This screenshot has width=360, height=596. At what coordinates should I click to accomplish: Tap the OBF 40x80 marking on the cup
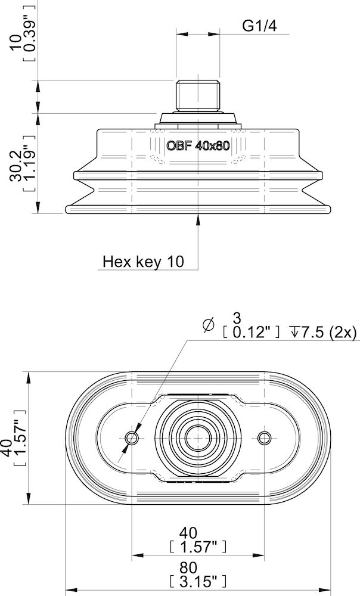click(197, 146)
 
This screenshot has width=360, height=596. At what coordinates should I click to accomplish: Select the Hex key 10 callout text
click(144, 261)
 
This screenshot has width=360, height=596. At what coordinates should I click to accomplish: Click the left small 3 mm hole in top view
click(132, 438)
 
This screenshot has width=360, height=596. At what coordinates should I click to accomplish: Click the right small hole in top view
click(264, 438)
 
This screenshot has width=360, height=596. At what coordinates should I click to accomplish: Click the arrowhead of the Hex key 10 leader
click(198, 218)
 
